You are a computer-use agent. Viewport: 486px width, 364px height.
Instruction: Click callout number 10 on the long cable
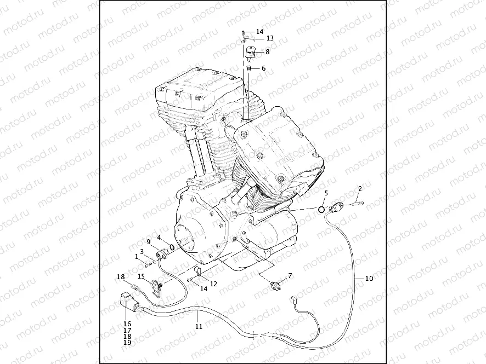369,279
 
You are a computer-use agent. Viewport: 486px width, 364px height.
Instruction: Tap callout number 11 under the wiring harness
199,326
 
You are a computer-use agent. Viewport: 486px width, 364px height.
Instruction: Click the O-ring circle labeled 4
172,247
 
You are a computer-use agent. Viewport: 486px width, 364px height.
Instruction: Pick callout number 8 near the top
267,52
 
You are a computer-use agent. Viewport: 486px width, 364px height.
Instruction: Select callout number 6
263,68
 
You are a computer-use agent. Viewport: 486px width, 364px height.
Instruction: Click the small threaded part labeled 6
247,68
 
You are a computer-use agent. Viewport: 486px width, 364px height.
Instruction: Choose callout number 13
269,38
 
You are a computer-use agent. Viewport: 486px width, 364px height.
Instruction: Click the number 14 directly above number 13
259,32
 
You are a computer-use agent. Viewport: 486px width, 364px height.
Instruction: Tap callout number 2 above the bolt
360,189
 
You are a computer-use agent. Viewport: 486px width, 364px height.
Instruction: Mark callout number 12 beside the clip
213,284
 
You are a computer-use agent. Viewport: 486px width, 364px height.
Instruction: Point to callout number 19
127,343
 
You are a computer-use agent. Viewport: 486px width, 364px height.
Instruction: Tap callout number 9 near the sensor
148,241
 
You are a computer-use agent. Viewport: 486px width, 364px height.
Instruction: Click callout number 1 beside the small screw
137,256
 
